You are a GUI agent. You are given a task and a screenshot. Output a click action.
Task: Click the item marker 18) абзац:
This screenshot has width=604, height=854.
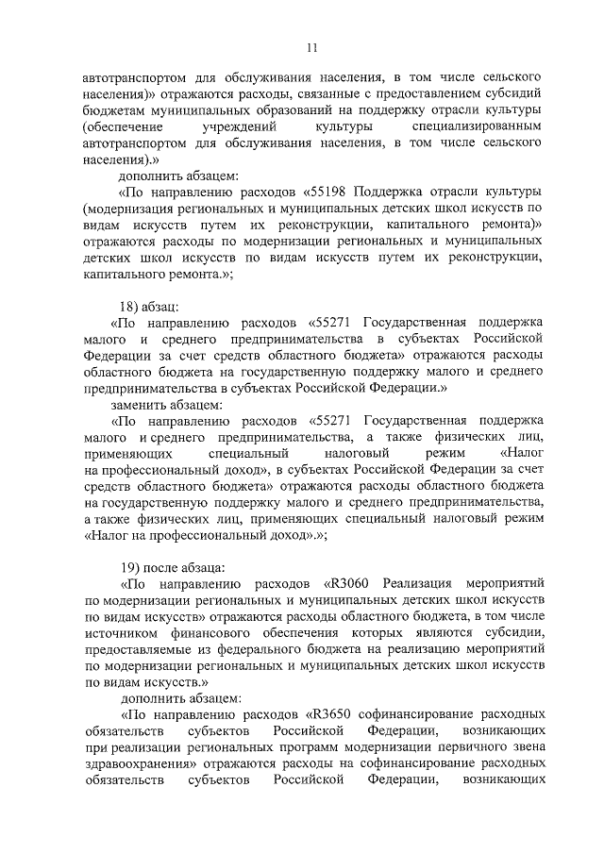pos(150,307)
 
